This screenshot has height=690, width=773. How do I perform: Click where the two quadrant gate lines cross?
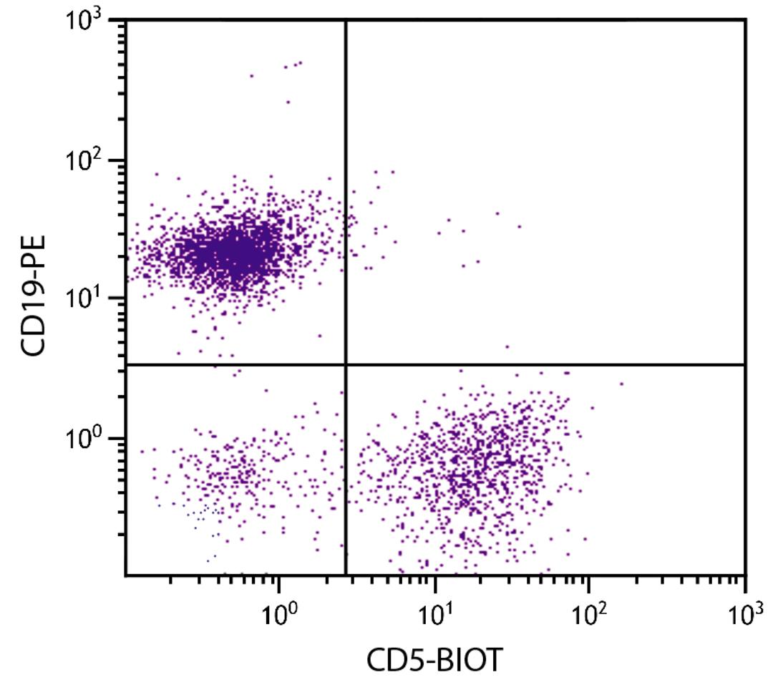pyautogui.click(x=346, y=365)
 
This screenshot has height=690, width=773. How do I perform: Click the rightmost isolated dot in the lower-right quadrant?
pyautogui.click(x=621, y=384)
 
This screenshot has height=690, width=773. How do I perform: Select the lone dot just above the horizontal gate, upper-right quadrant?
pyautogui.click(x=507, y=346)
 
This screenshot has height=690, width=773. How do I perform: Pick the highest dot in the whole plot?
pyautogui.click(x=299, y=63)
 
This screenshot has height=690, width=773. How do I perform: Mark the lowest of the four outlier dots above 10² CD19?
pyautogui.click(x=288, y=102)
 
